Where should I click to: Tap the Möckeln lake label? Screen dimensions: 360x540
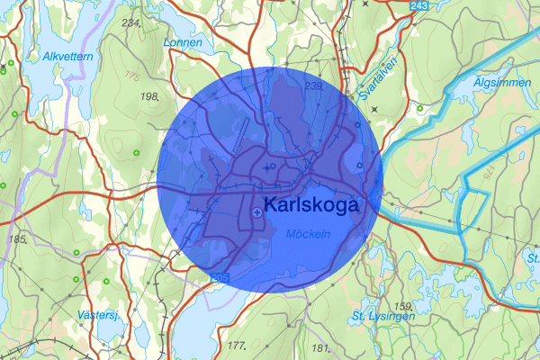point(308,234)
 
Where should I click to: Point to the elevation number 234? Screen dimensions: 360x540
point(130,22)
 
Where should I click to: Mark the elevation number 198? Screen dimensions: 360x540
point(149,95)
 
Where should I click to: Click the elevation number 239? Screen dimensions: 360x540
point(314,86)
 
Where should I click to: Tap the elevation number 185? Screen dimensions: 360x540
point(17,239)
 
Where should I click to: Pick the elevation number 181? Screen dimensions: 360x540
point(320,347)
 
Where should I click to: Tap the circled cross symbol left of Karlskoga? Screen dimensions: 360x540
point(258,211)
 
